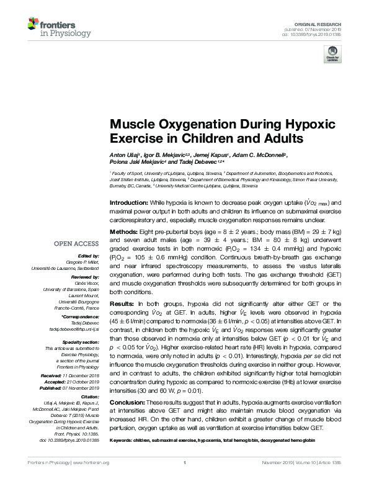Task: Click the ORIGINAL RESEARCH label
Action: pyautogui.click(x=325, y=24)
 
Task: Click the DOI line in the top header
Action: pyautogui.click(x=324, y=35)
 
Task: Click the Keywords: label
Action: pyautogui.click(x=123, y=439)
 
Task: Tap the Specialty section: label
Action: pyautogui.click(x=81, y=342)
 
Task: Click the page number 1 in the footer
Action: pyautogui.click(x=184, y=480)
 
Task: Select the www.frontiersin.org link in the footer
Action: pyautogui.click(x=91, y=480)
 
